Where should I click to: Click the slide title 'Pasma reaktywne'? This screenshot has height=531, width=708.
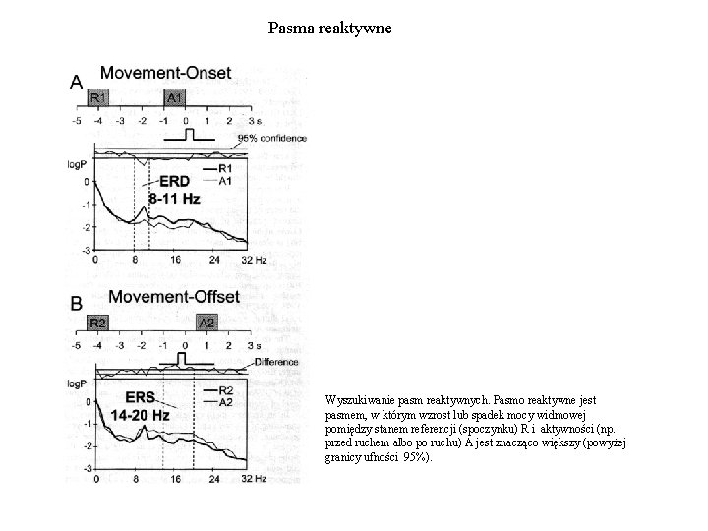pos(330,29)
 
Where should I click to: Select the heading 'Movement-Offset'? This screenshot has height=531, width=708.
pos(173,297)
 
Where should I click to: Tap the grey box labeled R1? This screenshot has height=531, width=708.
pos(98,98)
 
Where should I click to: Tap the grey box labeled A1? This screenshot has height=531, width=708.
pos(174,98)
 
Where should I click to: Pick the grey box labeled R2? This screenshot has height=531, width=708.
pos(98,323)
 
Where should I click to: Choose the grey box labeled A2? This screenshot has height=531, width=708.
pos(206,323)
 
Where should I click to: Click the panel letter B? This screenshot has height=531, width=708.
pos(77,305)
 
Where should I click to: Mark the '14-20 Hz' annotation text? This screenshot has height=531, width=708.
pos(140,415)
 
